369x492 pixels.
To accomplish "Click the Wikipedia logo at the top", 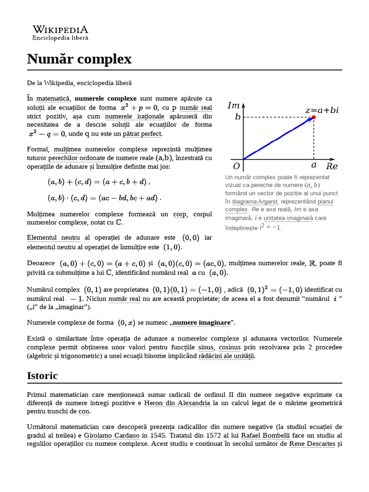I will (x=60, y=32).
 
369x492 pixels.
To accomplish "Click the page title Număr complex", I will (x=79, y=59).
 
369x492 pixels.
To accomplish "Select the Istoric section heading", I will (x=42, y=375).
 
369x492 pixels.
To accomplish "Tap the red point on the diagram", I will (x=314, y=117).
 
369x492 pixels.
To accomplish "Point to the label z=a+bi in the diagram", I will (x=321, y=110).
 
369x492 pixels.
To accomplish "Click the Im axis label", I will (x=233, y=106).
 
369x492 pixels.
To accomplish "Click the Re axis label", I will (x=332, y=167).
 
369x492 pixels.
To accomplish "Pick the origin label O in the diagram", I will (x=236, y=167).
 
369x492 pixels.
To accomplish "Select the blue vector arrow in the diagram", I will (x=278, y=138).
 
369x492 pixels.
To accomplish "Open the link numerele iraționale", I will (x=135, y=116).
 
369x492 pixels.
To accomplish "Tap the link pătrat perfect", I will (x=143, y=134).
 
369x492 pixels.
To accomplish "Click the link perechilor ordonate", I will (x=77, y=158).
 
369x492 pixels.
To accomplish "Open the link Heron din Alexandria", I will (x=177, y=403).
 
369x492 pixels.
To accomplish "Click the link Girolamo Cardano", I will (x=111, y=435).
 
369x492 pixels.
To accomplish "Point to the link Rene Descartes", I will (x=312, y=443).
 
